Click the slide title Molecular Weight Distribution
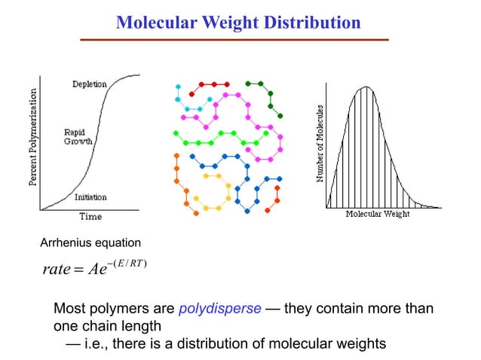pos(238,23)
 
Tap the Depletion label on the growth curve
pos(89,84)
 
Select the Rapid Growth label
pos(78,136)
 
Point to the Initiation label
pos(90,197)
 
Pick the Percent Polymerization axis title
pos(33,140)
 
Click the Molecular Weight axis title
pos(377,215)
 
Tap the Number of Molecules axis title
pos(320,144)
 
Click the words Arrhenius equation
pos(90,243)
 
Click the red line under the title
pos(238,39)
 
